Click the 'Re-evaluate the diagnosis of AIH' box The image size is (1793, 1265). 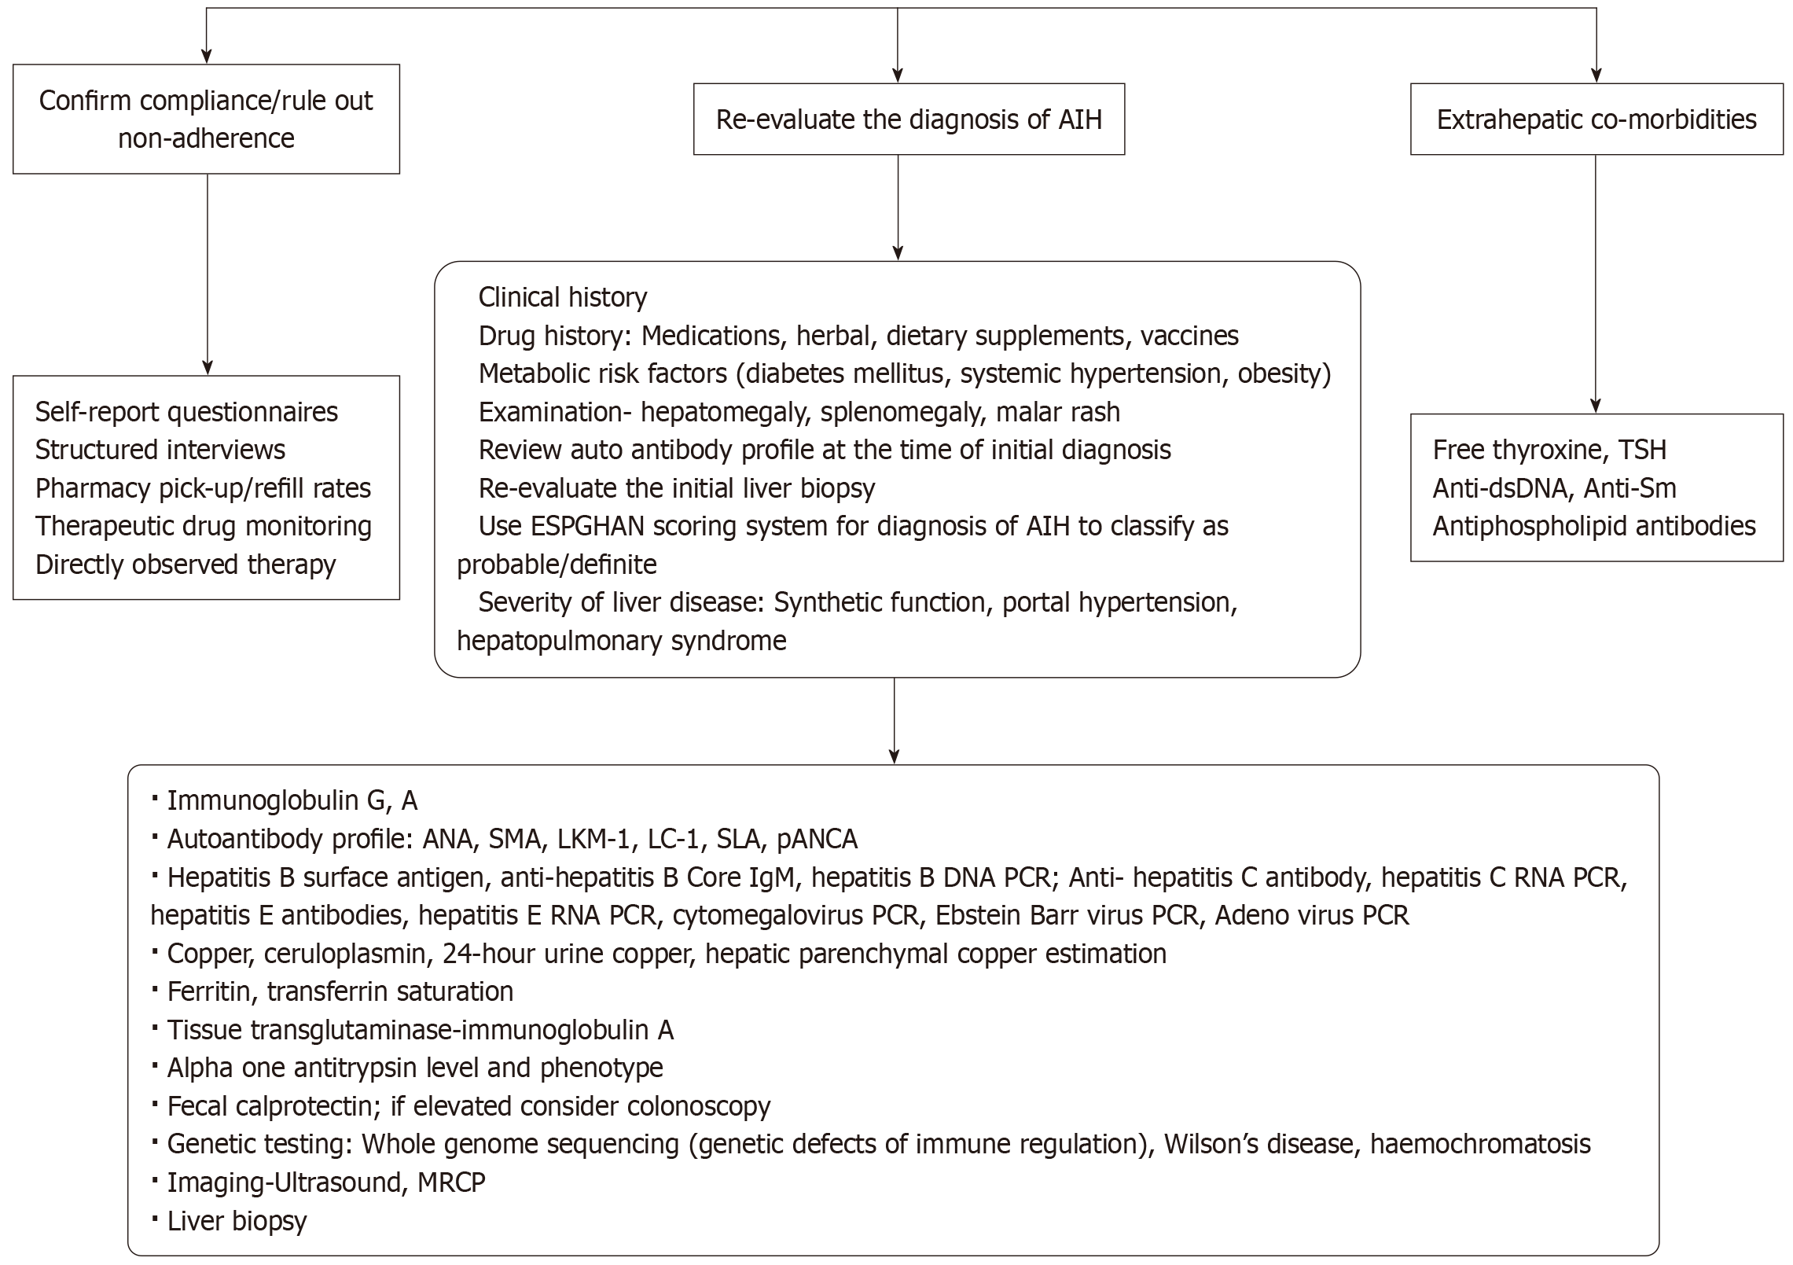[909, 120]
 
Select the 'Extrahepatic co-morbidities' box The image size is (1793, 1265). [1596, 120]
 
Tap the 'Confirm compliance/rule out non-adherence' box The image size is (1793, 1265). [206, 119]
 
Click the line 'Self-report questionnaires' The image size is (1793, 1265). [186, 412]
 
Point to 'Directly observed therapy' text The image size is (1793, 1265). [186, 564]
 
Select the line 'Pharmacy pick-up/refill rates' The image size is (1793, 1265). [203, 488]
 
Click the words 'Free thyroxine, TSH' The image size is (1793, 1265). [1549, 450]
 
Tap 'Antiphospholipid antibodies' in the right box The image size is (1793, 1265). [1593, 526]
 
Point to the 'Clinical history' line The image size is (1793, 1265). [562, 297]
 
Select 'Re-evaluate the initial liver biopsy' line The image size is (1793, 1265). [676, 488]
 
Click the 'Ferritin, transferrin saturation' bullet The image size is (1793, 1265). [340, 991]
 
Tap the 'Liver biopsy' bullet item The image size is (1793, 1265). [236, 1220]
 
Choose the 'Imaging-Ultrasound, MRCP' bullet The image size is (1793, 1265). [325, 1182]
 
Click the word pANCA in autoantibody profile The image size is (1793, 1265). [817, 839]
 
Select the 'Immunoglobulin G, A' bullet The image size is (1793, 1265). [292, 800]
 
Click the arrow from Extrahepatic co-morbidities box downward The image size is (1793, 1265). [1595, 283]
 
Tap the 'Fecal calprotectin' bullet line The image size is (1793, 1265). [468, 1106]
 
